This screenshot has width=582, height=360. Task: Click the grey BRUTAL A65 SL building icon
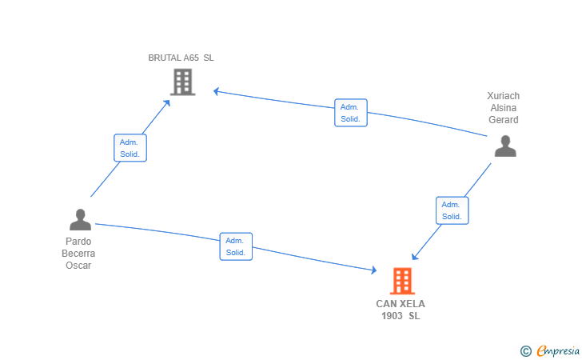click(182, 82)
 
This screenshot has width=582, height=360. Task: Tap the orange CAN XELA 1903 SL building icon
click(402, 281)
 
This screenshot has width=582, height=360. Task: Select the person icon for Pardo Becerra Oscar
click(80, 219)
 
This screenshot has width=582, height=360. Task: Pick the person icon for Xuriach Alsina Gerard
click(504, 146)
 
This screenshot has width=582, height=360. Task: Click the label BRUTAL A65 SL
click(181, 58)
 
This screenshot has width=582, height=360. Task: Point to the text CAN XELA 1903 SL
click(401, 310)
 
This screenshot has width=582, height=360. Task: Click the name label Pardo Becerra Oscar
click(78, 254)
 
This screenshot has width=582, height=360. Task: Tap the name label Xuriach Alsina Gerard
click(503, 108)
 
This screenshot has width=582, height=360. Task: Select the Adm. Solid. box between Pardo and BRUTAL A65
click(130, 147)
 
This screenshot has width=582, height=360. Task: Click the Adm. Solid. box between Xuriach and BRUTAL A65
click(350, 113)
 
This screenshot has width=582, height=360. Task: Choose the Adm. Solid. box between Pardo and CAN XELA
click(236, 246)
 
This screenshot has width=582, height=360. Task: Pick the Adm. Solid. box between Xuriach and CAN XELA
click(452, 210)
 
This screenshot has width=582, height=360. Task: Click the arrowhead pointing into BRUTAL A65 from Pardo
click(166, 102)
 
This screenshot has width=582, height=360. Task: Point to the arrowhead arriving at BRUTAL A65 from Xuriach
click(217, 91)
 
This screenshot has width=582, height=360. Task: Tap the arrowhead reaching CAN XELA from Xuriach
click(414, 257)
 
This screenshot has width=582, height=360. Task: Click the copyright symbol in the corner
click(525, 350)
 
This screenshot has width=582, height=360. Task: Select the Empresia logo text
click(557, 350)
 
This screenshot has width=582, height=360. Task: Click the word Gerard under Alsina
click(504, 120)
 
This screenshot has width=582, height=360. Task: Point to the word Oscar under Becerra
click(78, 266)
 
